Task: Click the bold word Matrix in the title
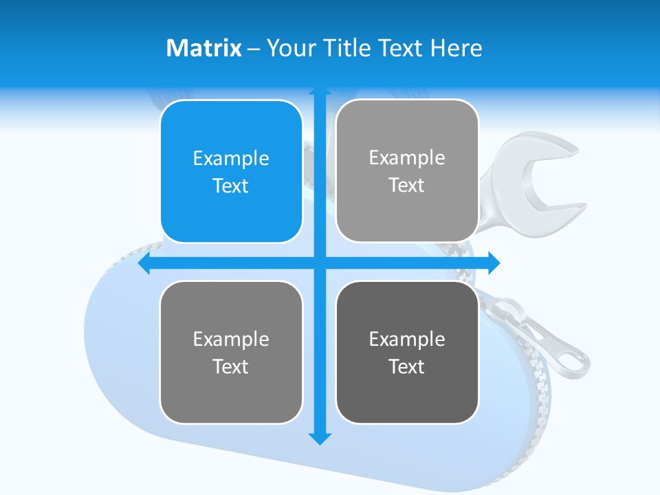(x=203, y=48)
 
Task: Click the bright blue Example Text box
(x=231, y=171)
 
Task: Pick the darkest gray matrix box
(x=407, y=352)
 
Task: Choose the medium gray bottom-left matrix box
(x=231, y=352)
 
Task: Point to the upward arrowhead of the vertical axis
(x=320, y=91)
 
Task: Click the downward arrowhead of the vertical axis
(x=320, y=438)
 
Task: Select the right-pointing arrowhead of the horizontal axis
(x=493, y=263)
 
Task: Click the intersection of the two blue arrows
(x=320, y=263)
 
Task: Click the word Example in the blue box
(x=231, y=158)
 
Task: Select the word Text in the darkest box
(x=407, y=366)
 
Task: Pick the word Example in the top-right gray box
(x=407, y=157)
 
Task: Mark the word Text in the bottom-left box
(x=231, y=366)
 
